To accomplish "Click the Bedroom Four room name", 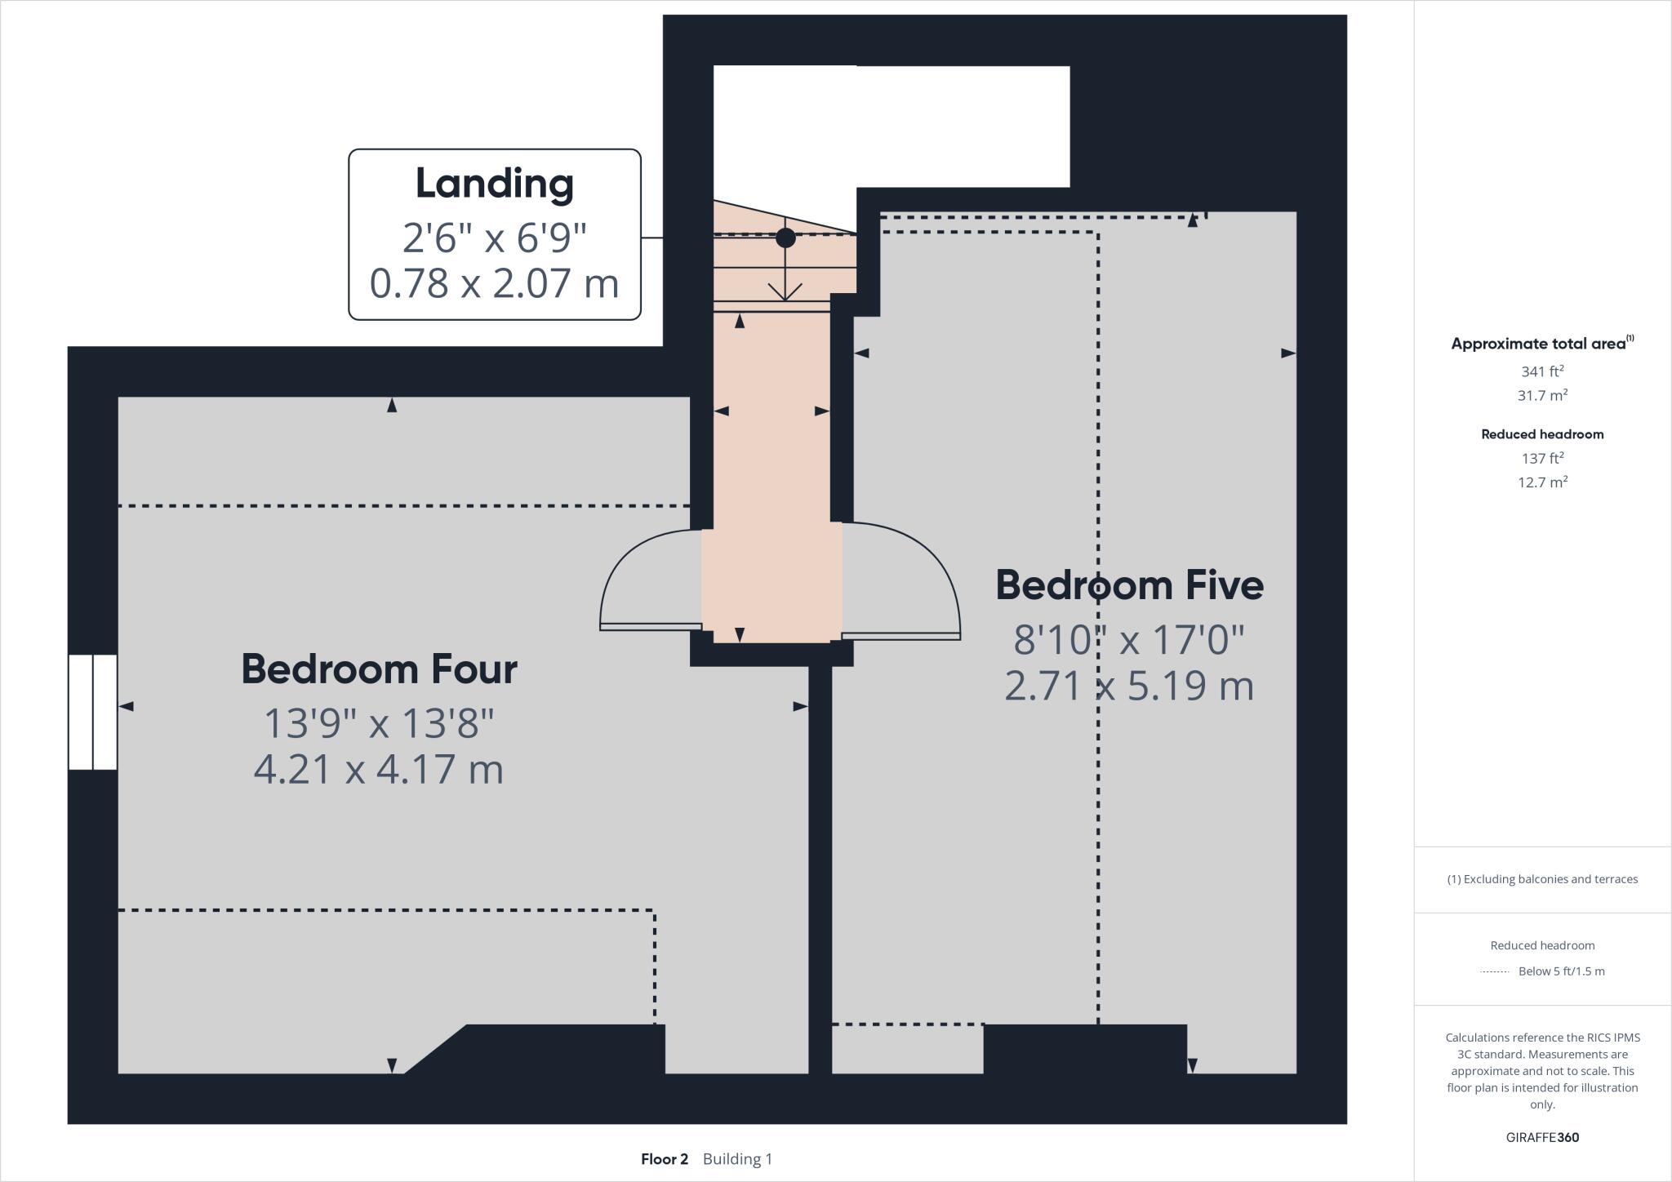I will pyautogui.click(x=379, y=669).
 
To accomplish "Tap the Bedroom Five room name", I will pyautogui.click(x=1129, y=585).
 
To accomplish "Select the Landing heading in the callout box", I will pyautogui.click(x=495, y=183).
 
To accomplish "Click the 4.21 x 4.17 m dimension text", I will pyautogui.click(x=379, y=769).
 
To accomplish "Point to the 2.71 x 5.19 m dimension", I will pyautogui.click(x=1129, y=686).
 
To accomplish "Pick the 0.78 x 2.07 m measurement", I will pyautogui.click(x=495, y=283).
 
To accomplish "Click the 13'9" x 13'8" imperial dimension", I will pyautogui.click(x=379, y=722).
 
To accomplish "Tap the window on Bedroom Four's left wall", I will pyautogui.click(x=92, y=712).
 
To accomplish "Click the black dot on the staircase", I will pyautogui.click(x=785, y=238).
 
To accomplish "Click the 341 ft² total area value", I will pyautogui.click(x=1542, y=371).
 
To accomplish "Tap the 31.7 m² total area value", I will pyautogui.click(x=1542, y=396).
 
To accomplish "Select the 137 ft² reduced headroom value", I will pyautogui.click(x=1542, y=458).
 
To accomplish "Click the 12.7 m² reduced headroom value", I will pyautogui.click(x=1542, y=482).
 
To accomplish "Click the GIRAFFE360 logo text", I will pyautogui.click(x=1542, y=1137).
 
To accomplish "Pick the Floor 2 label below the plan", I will pyautogui.click(x=665, y=1159).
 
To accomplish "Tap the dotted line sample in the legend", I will pyautogui.click(x=1494, y=971).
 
